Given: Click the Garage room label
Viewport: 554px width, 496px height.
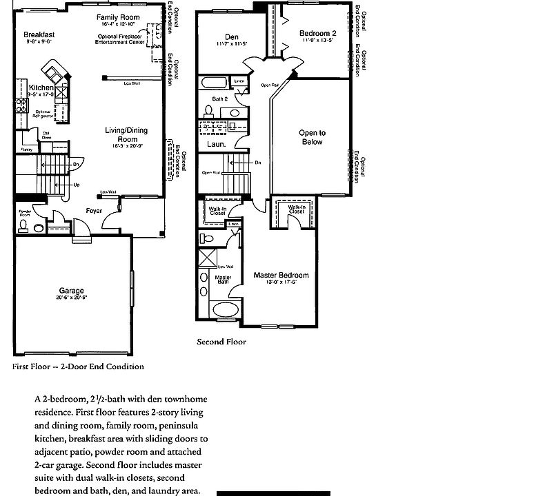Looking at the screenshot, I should [x=72, y=291].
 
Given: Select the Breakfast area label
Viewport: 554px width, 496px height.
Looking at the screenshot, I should [x=39, y=34].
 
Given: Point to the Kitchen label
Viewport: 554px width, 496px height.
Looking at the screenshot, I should [x=41, y=88].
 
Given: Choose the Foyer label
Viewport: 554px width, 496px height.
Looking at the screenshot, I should [x=95, y=210].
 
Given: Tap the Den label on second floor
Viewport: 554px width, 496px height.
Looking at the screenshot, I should [x=232, y=37].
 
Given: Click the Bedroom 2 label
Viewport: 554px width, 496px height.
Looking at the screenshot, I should [x=318, y=34].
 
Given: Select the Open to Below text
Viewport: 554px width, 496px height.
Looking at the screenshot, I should [x=313, y=138].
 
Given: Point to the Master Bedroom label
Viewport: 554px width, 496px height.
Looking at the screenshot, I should [x=280, y=275].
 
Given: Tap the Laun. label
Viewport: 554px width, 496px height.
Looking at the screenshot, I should [x=215, y=145].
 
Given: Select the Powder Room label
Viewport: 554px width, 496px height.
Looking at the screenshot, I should [x=24, y=213].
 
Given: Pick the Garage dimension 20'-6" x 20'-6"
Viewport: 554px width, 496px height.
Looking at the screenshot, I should [x=72, y=298].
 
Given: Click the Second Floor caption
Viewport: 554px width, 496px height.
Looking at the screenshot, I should [x=221, y=342].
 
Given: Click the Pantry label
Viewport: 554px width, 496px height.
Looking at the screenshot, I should [x=27, y=149].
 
